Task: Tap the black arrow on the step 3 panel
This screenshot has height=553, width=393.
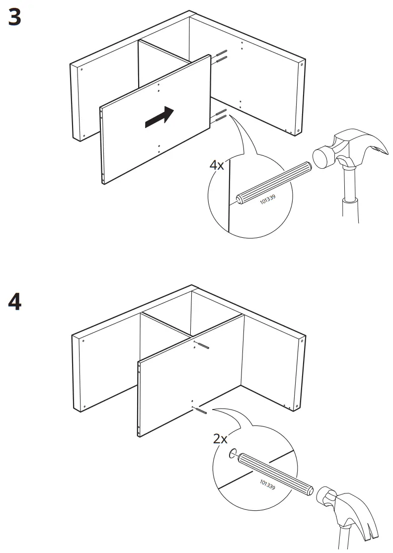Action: (x=159, y=117)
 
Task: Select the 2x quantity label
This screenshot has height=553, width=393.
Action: (x=221, y=439)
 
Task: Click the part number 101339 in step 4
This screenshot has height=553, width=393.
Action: (x=268, y=484)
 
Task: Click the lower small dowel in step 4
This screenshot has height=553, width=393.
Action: (x=201, y=411)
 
